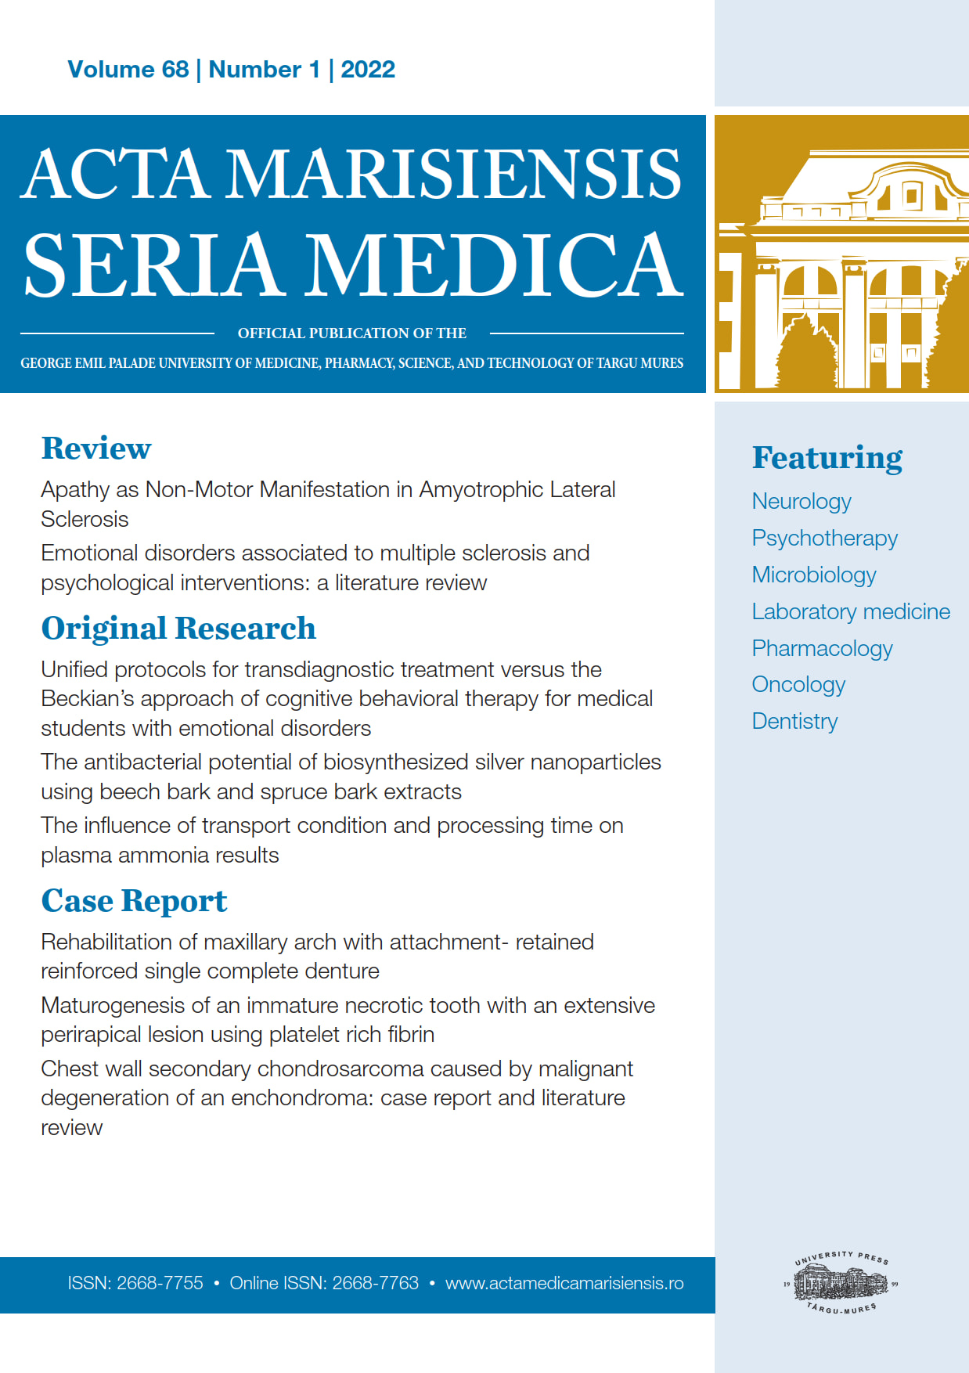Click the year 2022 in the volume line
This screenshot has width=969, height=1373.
(x=368, y=70)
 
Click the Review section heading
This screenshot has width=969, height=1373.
(x=96, y=449)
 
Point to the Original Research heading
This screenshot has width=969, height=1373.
(x=178, y=629)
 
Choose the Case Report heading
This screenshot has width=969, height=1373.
(x=134, y=901)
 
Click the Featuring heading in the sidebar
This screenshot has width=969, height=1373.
(x=827, y=458)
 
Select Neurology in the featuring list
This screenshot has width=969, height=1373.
(x=801, y=502)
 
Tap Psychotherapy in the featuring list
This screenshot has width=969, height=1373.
(x=824, y=539)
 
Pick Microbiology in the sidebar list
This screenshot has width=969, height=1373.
(x=814, y=575)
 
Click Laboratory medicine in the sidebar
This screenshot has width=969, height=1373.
(x=851, y=612)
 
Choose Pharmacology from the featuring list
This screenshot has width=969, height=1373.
(x=822, y=649)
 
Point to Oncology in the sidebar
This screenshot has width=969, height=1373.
(x=798, y=685)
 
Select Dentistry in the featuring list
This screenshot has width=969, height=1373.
(x=794, y=722)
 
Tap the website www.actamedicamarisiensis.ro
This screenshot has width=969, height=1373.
(x=564, y=1284)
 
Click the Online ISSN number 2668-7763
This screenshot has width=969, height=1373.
(x=376, y=1284)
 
